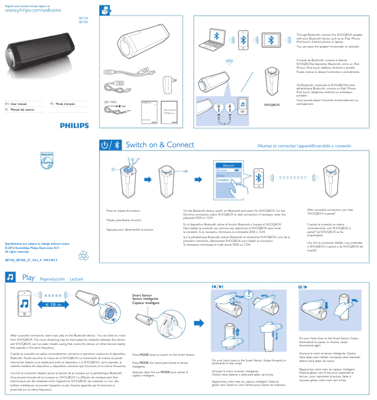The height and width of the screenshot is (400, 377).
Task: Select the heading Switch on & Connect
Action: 160,145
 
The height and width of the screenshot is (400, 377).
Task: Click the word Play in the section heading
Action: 28,278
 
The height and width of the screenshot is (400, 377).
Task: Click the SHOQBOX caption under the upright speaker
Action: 272,104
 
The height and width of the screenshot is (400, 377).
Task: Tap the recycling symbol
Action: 83,256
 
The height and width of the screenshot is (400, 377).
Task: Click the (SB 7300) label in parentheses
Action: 110,102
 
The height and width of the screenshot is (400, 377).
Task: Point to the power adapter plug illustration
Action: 167,85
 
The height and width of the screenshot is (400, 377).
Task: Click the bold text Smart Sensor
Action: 143,296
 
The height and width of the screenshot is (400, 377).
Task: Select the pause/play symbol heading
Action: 302,287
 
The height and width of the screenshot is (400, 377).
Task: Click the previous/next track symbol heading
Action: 217,287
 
